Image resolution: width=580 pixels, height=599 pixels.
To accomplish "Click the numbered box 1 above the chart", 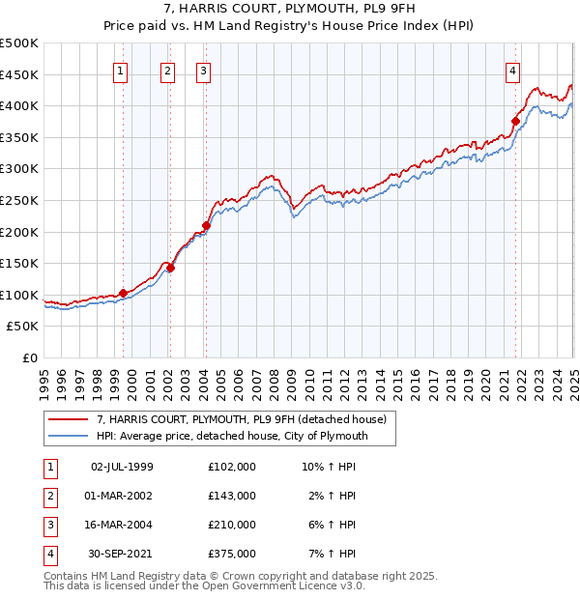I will [x=120, y=70].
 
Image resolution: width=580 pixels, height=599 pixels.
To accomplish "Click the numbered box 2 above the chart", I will [x=167, y=70].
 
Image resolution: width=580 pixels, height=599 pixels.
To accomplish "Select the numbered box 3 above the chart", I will [x=204, y=70].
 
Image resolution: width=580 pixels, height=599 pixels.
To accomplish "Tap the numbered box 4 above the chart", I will [x=512, y=70].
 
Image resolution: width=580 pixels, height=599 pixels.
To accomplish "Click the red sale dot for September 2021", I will [x=515, y=121].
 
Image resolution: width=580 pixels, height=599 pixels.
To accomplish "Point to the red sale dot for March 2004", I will [x=206, y=226].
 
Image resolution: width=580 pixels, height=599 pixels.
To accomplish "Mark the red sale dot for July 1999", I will [x=123, y=293].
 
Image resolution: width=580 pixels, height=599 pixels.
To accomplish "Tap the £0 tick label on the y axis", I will [x=30, y=357].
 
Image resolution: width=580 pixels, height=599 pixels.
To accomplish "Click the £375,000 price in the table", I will [x=232, y=555].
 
